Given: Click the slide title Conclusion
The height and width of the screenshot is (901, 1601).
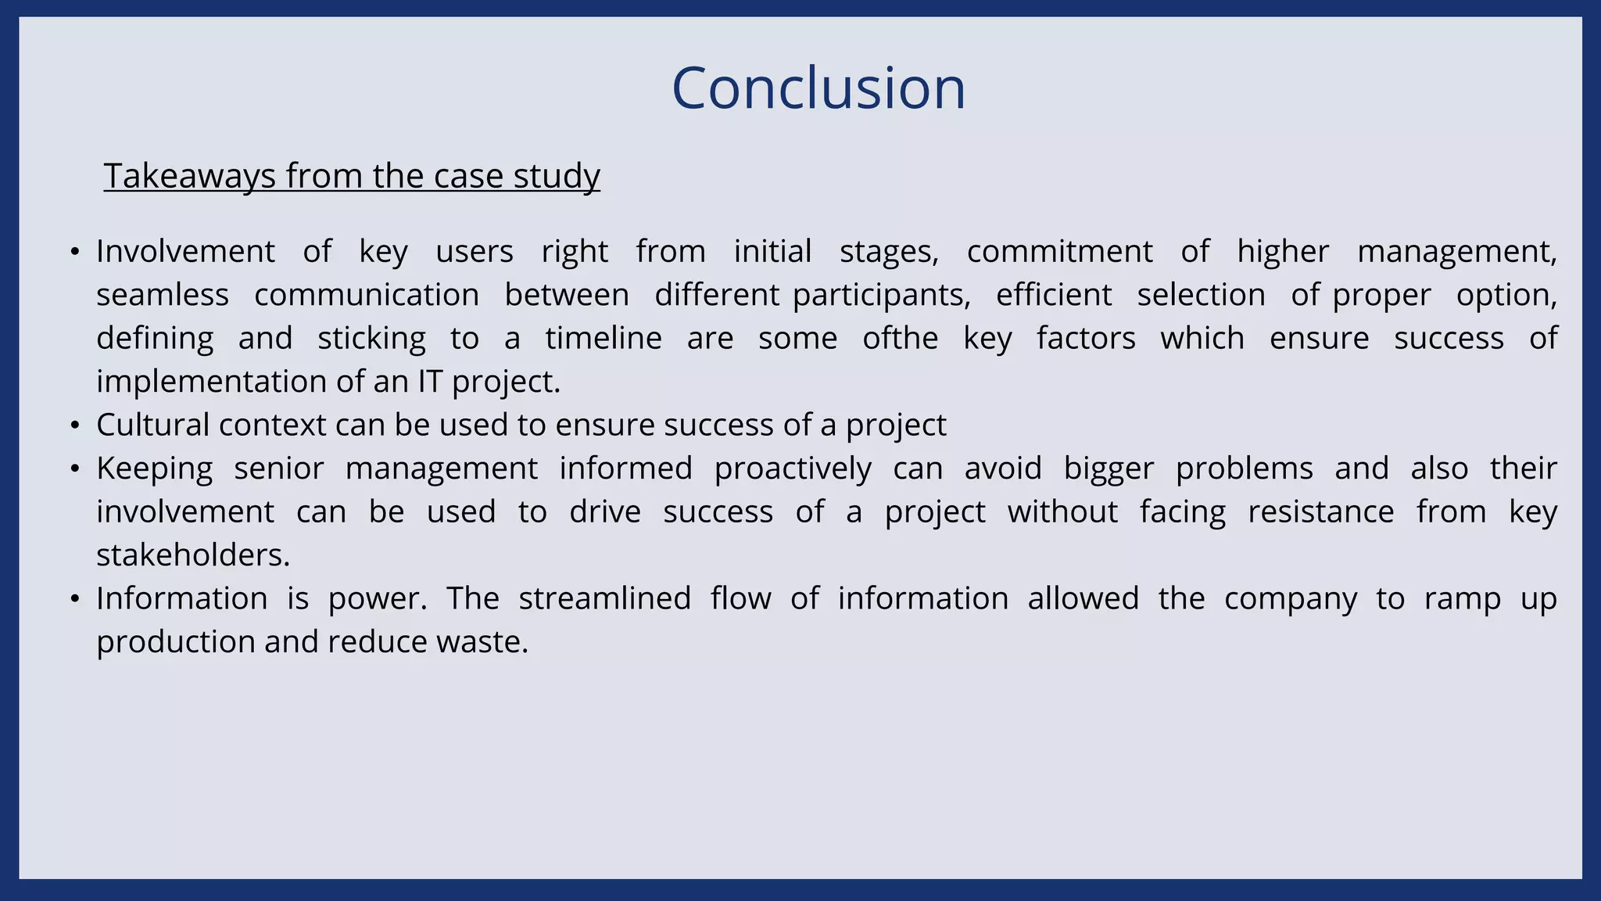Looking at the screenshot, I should pos(818,88).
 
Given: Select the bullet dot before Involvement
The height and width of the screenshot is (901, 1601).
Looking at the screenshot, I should pos(75,252).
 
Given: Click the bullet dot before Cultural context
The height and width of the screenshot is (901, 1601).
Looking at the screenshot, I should pos(75,425).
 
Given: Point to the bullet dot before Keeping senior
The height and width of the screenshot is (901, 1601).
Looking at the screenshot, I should pos(75,468).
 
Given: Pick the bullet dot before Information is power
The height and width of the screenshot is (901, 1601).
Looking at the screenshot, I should pos(75,599).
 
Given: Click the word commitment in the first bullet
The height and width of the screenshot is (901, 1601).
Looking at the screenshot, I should pos(1059,252).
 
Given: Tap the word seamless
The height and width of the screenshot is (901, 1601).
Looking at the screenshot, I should pos(163,295).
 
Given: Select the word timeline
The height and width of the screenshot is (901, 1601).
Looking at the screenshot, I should pos(604,339).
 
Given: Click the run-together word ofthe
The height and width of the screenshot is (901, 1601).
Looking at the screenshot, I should pos(900,339).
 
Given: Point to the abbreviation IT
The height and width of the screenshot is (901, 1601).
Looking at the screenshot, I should pos(430,382).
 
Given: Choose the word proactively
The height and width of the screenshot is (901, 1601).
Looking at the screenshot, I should pos(793,468).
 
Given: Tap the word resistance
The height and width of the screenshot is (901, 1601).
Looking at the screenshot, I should pos(1320,512).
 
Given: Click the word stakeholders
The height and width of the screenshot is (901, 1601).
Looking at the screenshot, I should pos(192,555).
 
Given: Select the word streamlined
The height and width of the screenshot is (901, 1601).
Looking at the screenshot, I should pos(604,599).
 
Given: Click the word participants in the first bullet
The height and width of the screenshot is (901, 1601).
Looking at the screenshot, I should pos(881,295).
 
